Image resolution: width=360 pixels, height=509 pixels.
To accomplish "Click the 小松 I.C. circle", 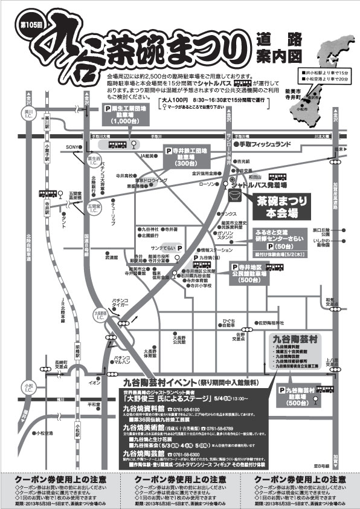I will pos(28,384).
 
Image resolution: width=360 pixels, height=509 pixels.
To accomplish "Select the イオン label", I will pos(95,382).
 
